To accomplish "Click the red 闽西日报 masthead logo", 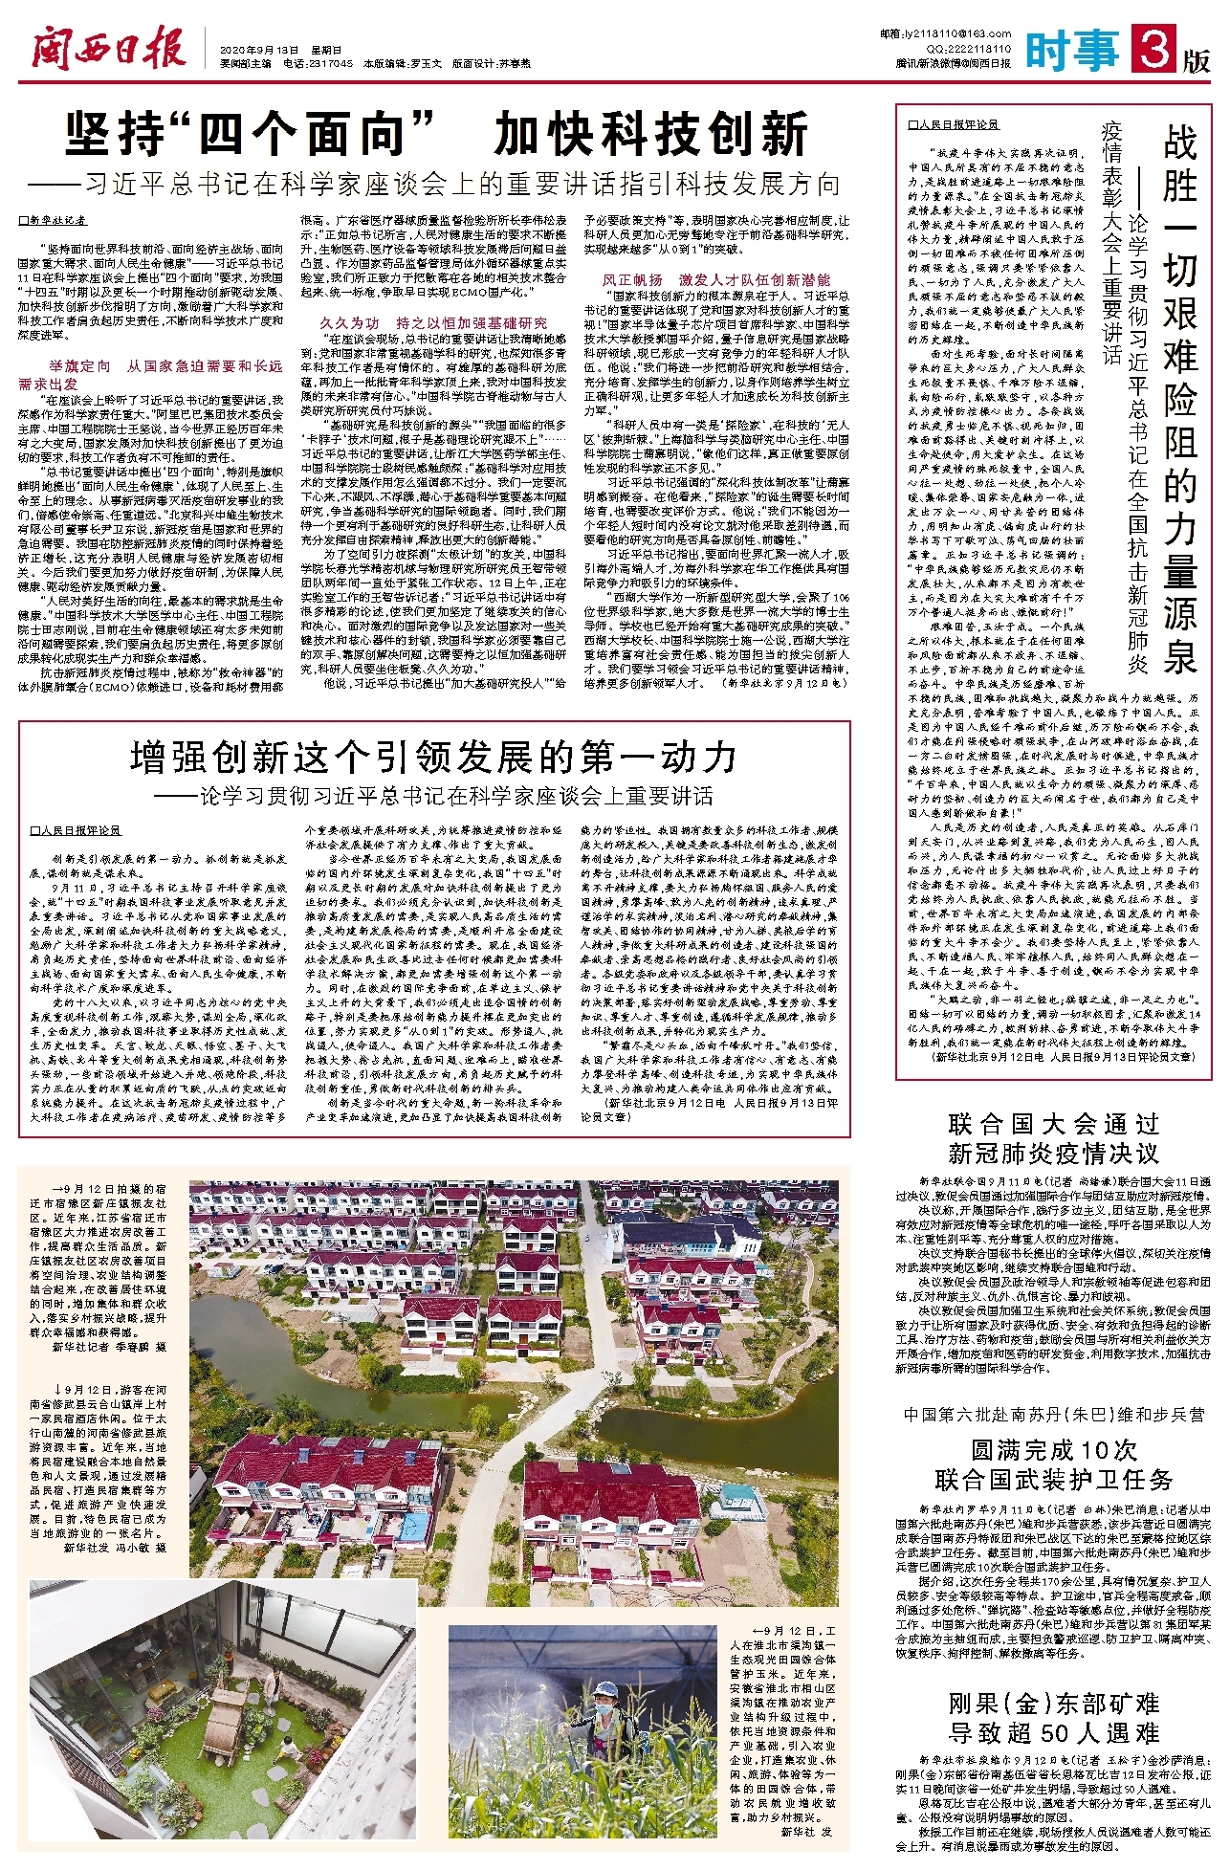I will pos(107,45).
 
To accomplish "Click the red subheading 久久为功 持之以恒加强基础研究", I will pos(433,323).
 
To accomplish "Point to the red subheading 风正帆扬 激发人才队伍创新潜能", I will pos(716,280).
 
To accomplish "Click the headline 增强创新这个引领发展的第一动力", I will pos(433,758).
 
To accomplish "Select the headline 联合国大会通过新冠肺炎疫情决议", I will pos(1053,1138).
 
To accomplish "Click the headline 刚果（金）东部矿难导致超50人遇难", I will pos(1053,1718).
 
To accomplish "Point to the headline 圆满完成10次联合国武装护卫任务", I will pos(1053,1464).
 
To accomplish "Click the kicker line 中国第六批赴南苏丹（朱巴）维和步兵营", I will pos(1053,1415).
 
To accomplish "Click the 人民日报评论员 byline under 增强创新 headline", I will pos(76,831).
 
